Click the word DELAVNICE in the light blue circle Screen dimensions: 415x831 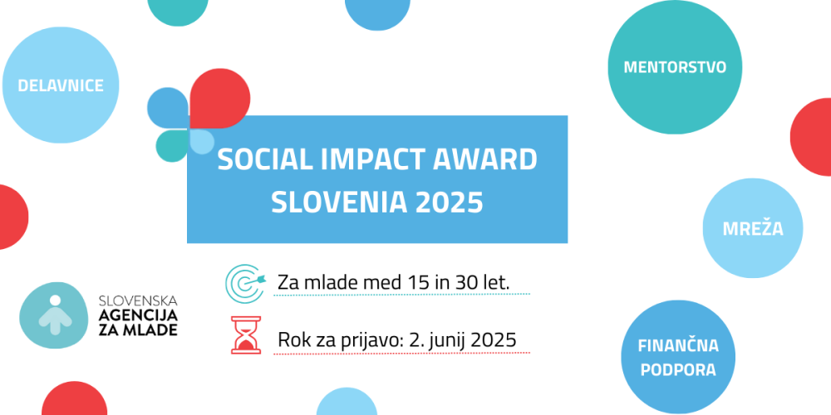click(61, 85)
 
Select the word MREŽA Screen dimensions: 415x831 click(754, 228)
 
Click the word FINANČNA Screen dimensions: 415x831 click(678, 345)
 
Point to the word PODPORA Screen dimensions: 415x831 click(678, 369)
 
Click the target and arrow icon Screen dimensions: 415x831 click(244, 282)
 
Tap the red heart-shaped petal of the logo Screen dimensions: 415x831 click(218, 99)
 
